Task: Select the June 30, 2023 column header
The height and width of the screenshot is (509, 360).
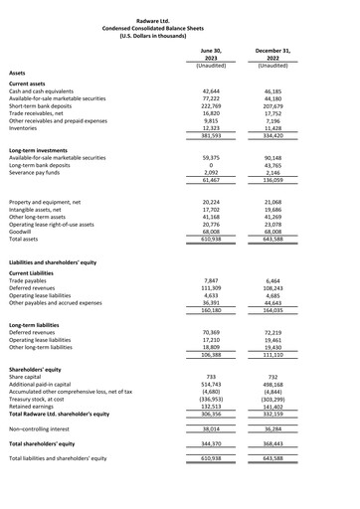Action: click(x=204, y=53)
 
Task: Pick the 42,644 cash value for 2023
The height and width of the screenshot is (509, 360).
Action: click(x=204, y=90)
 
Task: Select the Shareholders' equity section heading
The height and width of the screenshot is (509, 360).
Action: click(x=42, y=368)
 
